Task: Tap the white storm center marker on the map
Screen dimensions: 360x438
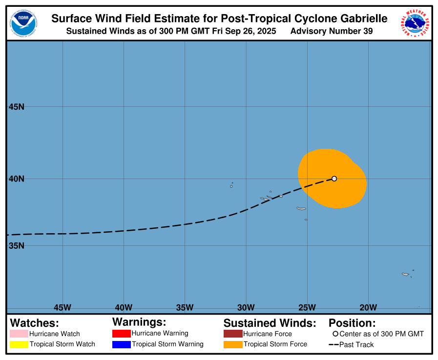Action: pyautogui.click(x=334, y=179)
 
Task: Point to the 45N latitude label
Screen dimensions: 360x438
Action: pyautogui.click(x=17, y=107)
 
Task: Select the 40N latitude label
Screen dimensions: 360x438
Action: pyautogui.click(x=17, y=179)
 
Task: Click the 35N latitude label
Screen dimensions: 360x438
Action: pyautogui.click(x=17, y=245)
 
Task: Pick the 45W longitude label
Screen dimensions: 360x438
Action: pyautogui.click(x=63, y=307)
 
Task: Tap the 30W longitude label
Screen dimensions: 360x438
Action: pyautogui.click(x=246, y=307)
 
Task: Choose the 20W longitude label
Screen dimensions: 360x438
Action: pyautogui.click(x=368, y=307)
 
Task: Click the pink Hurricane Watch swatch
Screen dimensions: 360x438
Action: pyautogui.click(x=19, y=334)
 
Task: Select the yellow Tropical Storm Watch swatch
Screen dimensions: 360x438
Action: pyautogui.click(x=19, y=344)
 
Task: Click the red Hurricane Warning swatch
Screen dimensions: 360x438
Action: pyautogui.click(x=121, y=334)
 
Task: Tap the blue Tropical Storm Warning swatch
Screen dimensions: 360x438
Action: pyautogui.click(x=121, y=344)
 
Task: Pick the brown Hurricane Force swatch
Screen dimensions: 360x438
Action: pyautogui.click(x=232, y=334)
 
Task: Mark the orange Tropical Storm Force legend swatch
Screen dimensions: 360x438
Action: pyautogui.click(x=232, y=344)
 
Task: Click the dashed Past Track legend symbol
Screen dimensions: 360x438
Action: pyautogui.click(x=334, y=345)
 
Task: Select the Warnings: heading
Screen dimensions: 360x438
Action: pyautogui.click(x=139, y=322)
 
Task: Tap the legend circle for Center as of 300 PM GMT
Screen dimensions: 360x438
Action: pyautogui.click(x=335, y=334)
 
